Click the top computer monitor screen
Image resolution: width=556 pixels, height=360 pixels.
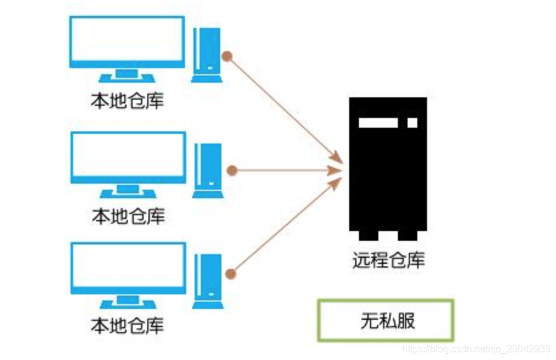127,41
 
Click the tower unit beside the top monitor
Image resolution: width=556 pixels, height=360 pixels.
206,54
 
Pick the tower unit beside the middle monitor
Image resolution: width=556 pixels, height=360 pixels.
207,170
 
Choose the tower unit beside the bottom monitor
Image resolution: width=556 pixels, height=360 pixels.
207,282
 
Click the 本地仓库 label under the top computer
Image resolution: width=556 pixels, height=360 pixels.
127,100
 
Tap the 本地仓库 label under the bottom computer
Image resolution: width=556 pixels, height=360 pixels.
127,326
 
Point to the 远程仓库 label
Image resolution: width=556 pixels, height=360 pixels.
388,260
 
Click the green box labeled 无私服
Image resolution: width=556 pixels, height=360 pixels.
386,320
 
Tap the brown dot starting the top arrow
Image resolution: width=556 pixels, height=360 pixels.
227,57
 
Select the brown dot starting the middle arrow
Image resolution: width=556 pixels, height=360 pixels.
231,170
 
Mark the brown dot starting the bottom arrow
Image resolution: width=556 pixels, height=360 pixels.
230,272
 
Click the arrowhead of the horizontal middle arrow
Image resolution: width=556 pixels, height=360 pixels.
335,170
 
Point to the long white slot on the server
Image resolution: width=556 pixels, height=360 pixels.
378,122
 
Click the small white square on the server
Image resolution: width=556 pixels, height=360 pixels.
412,122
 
